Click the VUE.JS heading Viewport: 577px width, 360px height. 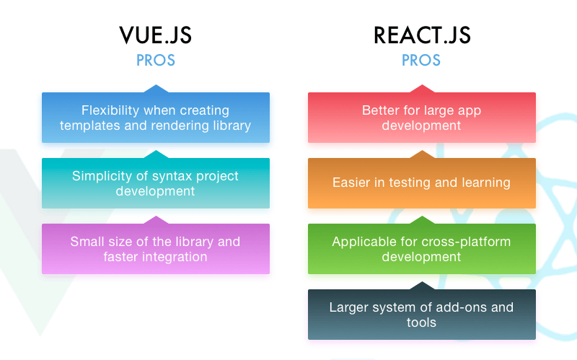(x=155, y=35)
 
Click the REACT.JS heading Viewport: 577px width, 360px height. (x=422, y=35)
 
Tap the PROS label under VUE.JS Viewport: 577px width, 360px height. (x=156, y=61)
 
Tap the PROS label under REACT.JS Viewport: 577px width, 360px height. (x=421, y=61)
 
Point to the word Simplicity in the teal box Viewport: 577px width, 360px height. (x=102, y=176)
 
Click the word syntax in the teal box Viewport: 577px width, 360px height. (x=171, y=176)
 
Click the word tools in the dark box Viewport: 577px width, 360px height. (x=421, y=322)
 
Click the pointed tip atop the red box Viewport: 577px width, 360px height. (x=422, y=85)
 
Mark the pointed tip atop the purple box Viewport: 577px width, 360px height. (x=156, y=216)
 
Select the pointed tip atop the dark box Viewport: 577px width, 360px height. (x=422, y=282)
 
